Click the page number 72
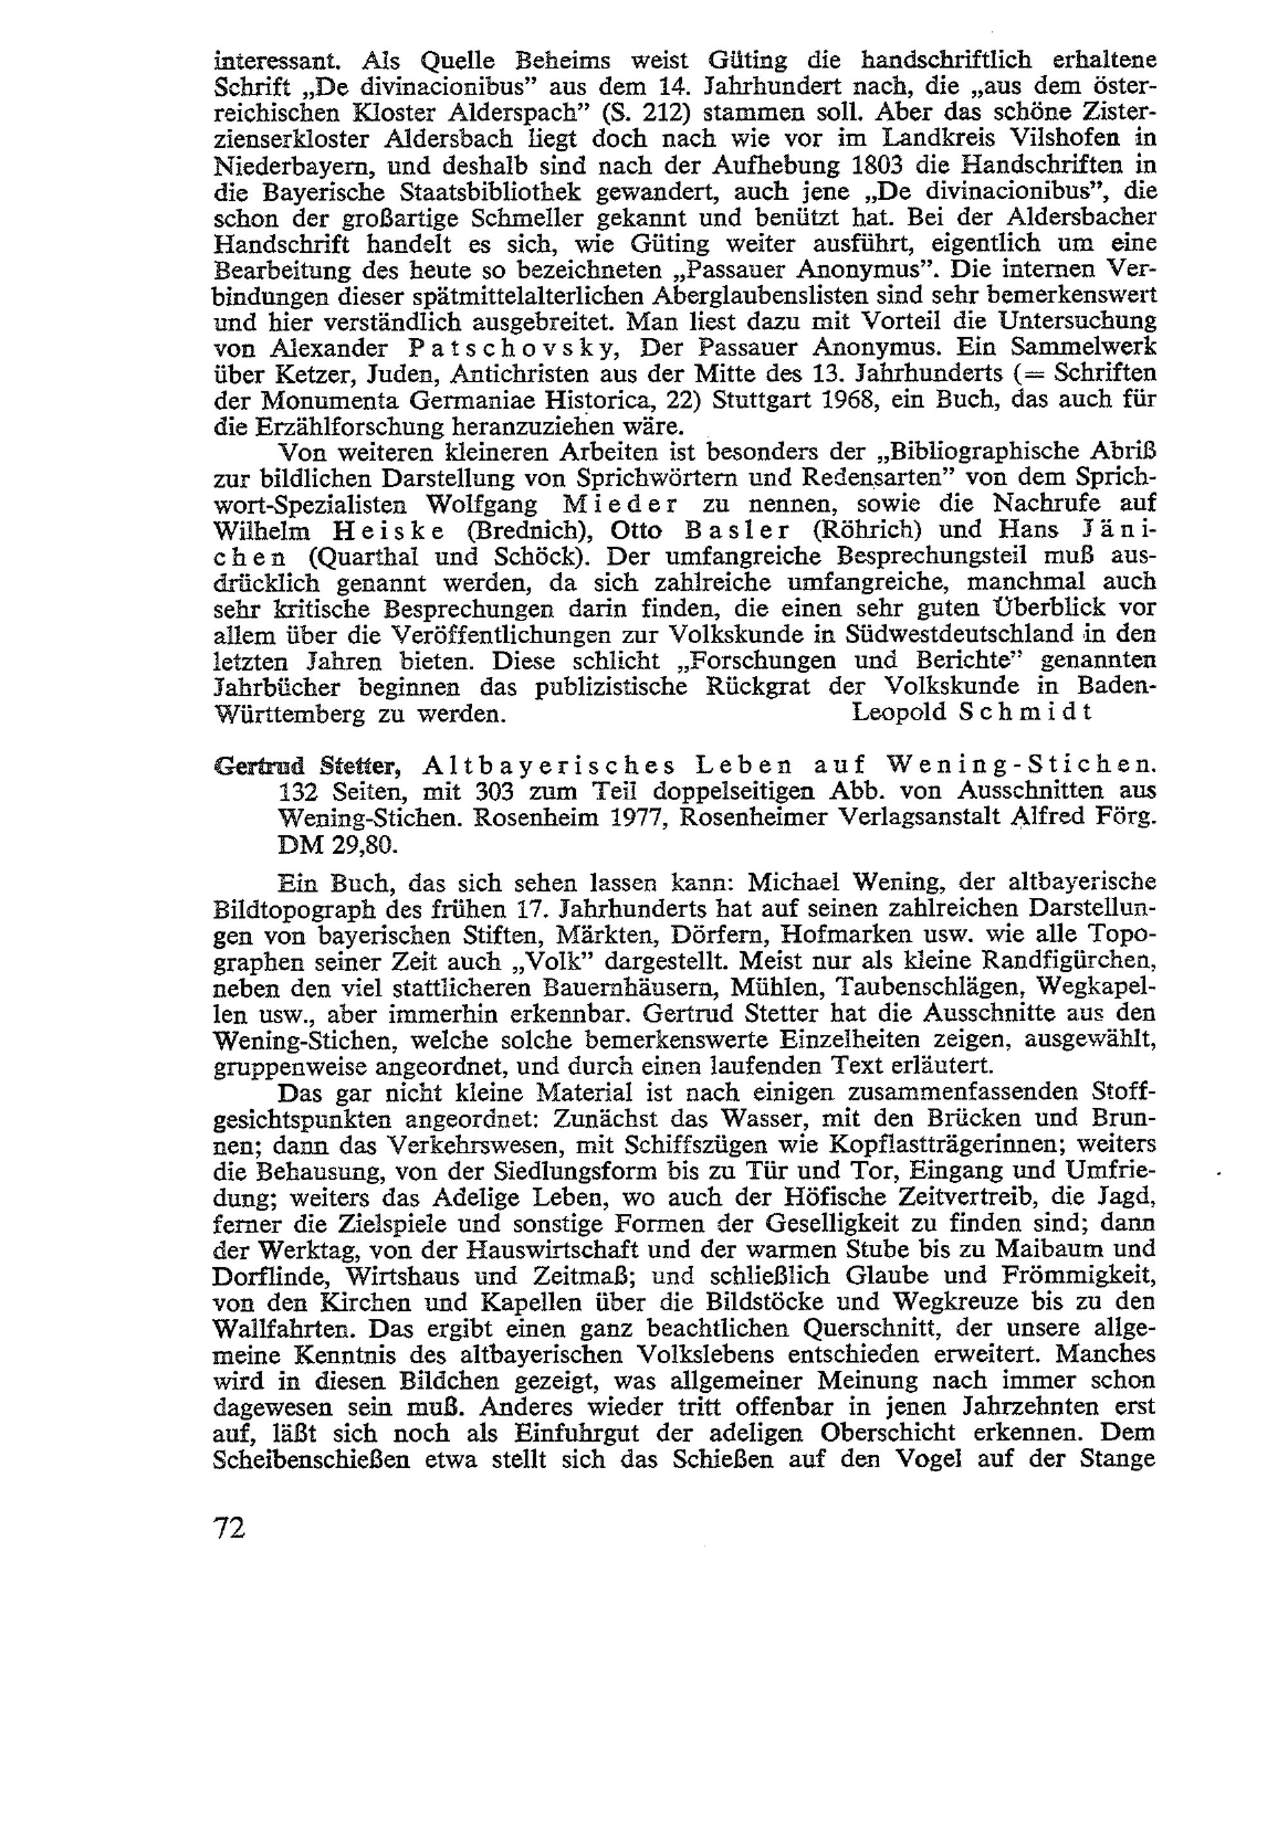230,1527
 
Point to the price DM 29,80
337,844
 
